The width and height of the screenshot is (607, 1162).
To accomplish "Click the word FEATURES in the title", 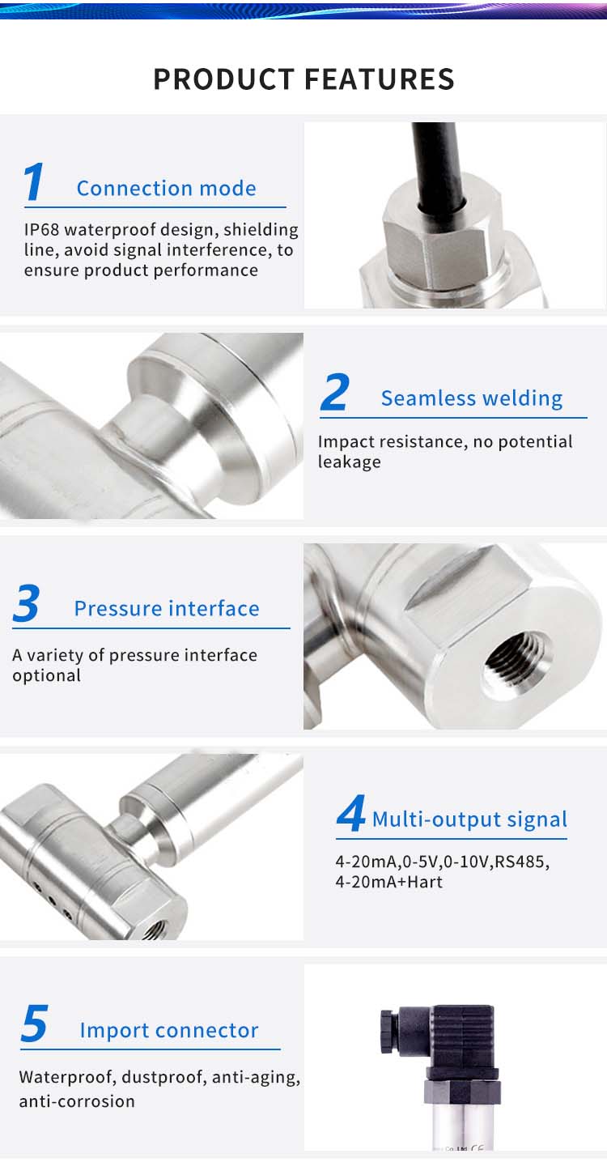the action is coord(380,79).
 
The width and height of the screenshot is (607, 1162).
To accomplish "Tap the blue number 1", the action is coord(33,181).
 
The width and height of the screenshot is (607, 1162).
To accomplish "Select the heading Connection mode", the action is coord(167,189).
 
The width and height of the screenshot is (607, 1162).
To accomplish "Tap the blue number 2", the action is coord(335,392).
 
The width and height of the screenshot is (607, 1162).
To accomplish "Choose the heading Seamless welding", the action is coord(472,398).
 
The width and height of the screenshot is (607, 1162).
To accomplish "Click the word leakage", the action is coord(350,462).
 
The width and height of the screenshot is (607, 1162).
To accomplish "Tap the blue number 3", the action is coord(27,602).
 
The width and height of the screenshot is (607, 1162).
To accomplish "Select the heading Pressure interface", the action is coord(167,608).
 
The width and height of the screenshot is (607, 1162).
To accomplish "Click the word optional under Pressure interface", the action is coord(47,675).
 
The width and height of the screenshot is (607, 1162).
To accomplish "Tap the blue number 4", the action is coord(351,813).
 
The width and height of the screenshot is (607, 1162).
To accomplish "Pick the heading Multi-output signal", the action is coord(469,819).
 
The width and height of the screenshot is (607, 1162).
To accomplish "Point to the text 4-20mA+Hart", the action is coord(388,882).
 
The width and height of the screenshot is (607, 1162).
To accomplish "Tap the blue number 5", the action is coord(35,1023).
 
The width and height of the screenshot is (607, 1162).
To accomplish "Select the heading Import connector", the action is coord(169,1031).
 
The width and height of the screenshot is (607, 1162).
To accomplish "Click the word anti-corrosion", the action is coord(77,1101).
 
